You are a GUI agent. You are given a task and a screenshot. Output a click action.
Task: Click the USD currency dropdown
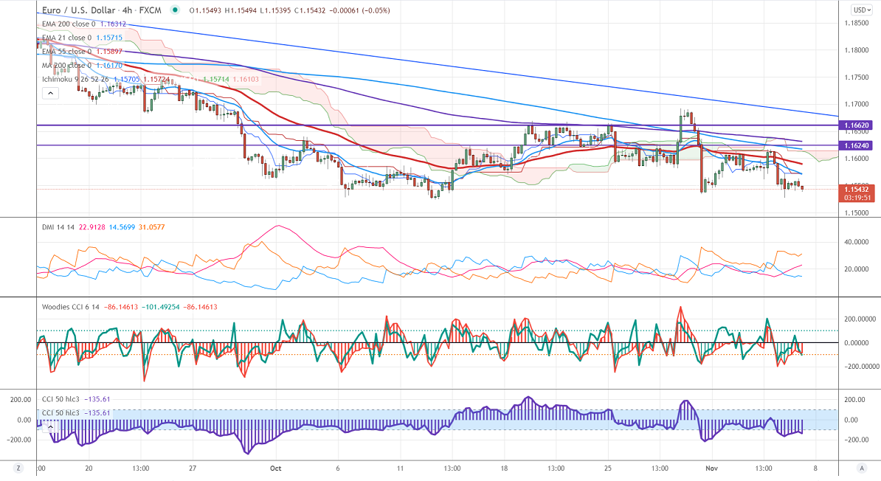[x=860, y=10]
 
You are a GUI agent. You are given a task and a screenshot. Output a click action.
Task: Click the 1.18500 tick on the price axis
[x=855, y=24]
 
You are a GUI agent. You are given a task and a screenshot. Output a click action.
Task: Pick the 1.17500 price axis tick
[x=855, y=77]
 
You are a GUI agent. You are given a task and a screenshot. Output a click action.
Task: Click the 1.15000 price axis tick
[x=855, y=212]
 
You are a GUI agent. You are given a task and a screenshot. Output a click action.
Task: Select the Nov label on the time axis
[x=711, y=468]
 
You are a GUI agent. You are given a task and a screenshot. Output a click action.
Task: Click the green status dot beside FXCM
[x=174, y=10]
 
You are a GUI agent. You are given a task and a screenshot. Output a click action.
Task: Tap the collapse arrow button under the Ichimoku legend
[x=49, y=93]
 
